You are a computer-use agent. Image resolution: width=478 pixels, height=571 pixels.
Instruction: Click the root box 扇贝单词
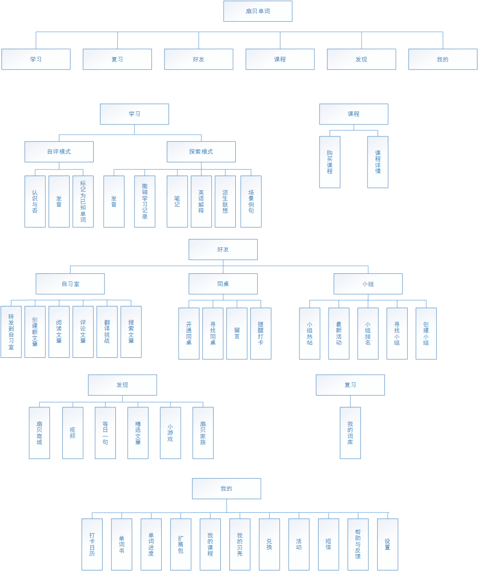click(x=258, y=11)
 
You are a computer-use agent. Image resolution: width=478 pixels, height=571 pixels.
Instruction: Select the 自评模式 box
click(x=59, y=152)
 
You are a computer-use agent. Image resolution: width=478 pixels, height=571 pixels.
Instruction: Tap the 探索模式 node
click(x=201, y=152)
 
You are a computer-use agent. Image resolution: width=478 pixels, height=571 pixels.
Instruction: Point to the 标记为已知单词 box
click(x=83, y=201)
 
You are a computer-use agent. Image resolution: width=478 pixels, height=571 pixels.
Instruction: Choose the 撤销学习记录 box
click(x=144, y=201)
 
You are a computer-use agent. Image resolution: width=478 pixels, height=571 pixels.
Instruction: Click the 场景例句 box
click(x=251, y=201)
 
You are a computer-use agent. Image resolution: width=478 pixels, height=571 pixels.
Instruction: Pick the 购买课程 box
click(x=329, y=162)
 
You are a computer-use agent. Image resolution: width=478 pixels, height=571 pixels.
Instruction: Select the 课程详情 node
click(x=378, y=162)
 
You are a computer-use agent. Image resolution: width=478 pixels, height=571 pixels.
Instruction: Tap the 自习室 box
click(x=70, y=284)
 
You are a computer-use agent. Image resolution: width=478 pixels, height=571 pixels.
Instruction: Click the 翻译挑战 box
click(x=107, y=331)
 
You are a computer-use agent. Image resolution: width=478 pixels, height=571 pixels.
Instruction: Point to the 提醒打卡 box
click(x=261, y=333)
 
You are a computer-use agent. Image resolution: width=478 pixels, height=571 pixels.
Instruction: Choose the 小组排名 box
click(x=368, y=333)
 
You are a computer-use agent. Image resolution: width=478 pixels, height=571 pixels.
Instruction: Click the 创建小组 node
click(x=426, y=333)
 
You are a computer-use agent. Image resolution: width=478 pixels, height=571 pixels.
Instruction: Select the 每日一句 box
click(x=105, y=433)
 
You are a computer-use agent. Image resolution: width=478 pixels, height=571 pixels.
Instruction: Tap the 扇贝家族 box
click(x=203, y=433)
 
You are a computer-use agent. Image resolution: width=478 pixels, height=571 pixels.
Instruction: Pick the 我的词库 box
click(x=350, y=433)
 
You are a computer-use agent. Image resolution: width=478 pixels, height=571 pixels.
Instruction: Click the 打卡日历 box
click(x=92, y=544)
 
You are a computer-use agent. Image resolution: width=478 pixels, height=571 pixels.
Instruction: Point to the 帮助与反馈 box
click(x=358, y=544)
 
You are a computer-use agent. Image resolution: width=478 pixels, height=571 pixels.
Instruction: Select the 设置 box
click(x=388, y=544)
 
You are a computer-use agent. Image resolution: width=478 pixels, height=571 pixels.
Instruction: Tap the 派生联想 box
click(x=225, y=201)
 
